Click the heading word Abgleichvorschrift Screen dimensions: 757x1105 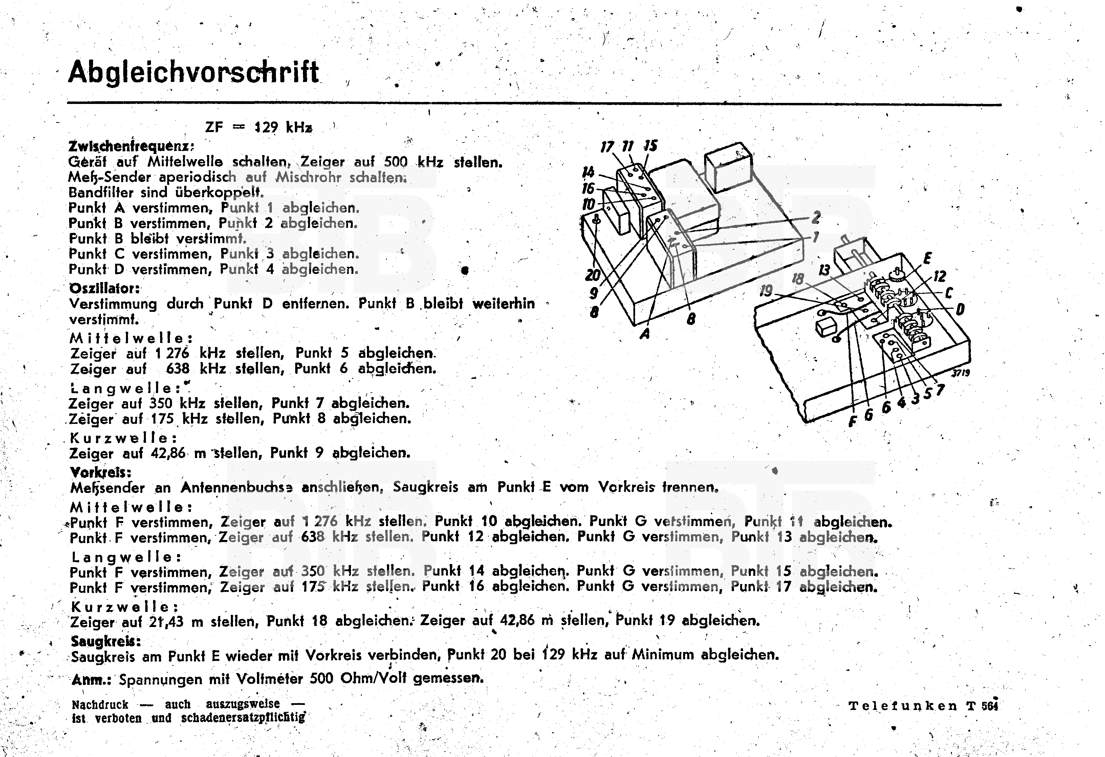click(x=194, y=73)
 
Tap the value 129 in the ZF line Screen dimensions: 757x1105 click(x=266, y=127)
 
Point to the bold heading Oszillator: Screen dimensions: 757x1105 click(x=105, y=288)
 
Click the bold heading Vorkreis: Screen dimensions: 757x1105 click(x=100, y=472)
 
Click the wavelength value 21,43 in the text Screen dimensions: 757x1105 click(x=167, y=622)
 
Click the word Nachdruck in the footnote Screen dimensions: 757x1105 click(x=100, y=704)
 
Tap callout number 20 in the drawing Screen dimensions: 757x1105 click(x=592, y=275)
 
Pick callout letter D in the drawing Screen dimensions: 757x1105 click(x=960, y=309)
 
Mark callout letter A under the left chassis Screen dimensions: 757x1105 click(x=645, y=334)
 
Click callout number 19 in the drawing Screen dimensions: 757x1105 click(x=765, y=290)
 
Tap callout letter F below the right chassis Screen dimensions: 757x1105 click(x=852, y=421)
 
